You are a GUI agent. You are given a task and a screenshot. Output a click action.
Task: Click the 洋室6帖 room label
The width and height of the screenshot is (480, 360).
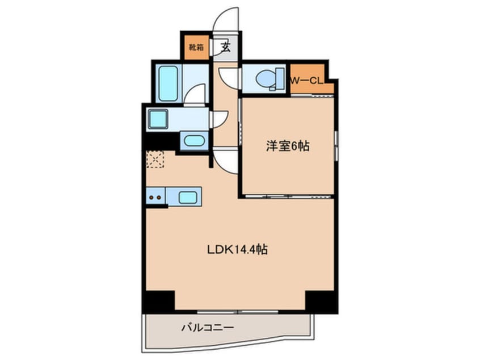point(287,146)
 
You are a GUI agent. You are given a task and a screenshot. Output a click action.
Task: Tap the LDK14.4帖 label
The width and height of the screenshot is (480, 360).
point(237,249)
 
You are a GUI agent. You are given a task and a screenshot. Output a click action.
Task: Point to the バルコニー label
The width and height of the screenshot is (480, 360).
point(208,328)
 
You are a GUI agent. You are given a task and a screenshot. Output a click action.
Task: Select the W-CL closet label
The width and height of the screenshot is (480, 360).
point(306,81)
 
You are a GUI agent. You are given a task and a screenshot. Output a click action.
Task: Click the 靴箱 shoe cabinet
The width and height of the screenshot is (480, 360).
point(196,48)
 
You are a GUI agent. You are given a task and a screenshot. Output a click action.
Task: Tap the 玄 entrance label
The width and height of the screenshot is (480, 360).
point(225,48)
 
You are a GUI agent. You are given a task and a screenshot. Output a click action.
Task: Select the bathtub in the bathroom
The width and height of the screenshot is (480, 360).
point(167,83)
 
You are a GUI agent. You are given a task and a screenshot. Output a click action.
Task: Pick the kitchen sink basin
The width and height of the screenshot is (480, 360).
point(188,198)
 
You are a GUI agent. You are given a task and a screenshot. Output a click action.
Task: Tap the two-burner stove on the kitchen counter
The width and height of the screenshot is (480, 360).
point(155,198)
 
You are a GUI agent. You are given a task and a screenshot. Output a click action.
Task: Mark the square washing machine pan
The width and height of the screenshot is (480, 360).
point(158,119)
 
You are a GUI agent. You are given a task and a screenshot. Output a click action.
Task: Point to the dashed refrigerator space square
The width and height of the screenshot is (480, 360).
point(155,159)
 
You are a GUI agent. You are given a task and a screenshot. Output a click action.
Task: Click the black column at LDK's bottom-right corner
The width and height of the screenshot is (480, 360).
point(321,300)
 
